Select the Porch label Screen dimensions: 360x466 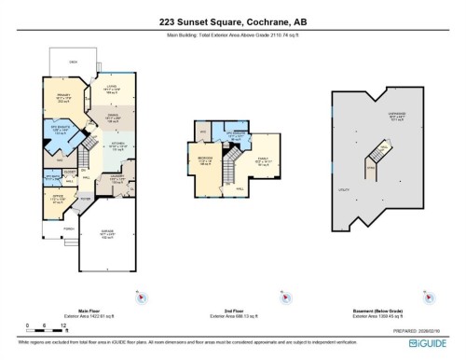pos(68,228)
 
